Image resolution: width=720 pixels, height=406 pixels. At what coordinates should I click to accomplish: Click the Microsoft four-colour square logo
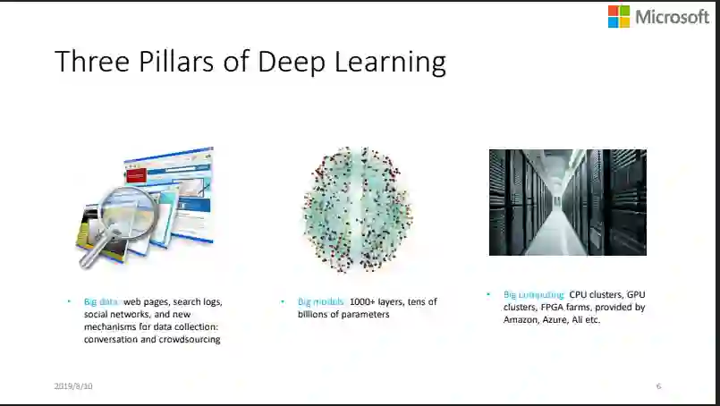coord(618,16)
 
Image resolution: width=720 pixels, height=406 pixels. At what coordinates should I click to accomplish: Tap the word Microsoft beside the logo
coord(672,16)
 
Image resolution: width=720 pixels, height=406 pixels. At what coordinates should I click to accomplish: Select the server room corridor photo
coord(567,202)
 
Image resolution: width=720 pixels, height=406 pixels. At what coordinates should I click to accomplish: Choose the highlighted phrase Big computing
coord(534,294)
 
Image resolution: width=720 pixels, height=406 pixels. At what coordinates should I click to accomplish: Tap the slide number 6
coord(658,386)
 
